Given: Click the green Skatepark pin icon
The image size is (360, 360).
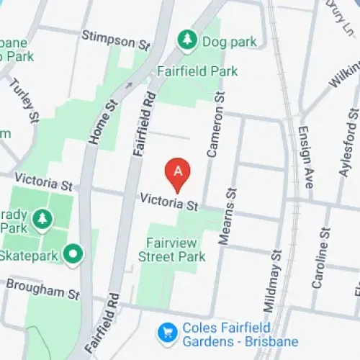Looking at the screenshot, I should coord(72,253).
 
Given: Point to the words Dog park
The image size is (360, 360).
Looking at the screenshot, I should coord(230,42).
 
